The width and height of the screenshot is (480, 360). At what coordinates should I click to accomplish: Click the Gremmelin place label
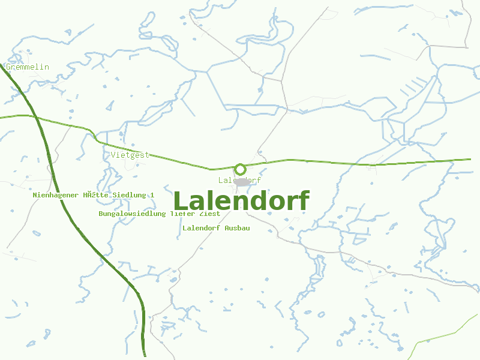tap(28, 67)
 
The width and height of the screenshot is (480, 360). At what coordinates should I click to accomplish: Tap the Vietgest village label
tap(130, 155)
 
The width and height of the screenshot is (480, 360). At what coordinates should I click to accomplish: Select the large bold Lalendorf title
tap(241, 201)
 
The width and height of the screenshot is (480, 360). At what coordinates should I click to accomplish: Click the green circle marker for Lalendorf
tap(240, 169)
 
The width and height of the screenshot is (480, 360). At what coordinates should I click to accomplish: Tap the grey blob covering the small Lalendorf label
tap(242, 181)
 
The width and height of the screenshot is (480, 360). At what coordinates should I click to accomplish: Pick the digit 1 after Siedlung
tap(152, 195)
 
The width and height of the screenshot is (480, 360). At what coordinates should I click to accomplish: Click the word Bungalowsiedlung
tap(132, 214)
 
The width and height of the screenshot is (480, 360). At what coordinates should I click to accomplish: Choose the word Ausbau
tap(237, 228)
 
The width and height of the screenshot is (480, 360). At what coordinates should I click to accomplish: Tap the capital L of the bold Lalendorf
tap(181, 201)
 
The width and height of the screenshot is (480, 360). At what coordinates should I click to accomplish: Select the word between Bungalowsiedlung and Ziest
tap(182, 214)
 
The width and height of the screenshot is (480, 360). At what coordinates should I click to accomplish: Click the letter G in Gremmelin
tap(8, 67)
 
